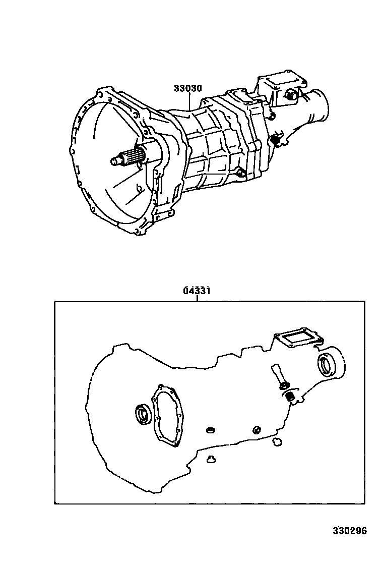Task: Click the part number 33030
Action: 187,88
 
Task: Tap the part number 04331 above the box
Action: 197,291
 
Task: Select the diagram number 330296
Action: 349,531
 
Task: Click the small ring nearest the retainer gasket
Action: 211,430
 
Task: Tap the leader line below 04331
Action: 197,298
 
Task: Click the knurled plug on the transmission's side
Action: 275,139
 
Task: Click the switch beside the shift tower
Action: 291,94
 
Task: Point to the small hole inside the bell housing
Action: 138,190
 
